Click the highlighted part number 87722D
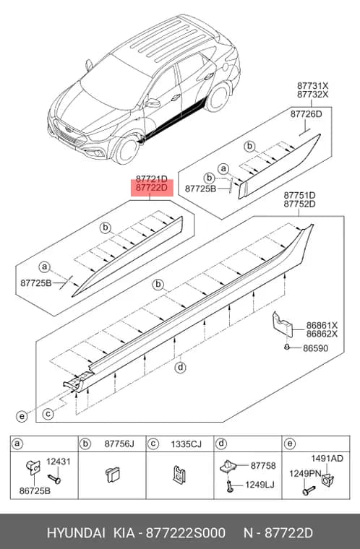[x=151, y=189]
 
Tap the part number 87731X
[x=313, y=86]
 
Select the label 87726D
[x=306, y=114]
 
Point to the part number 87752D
[x=299, y=204]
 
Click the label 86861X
[x=322, y=325]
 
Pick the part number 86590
[x=315, y=348]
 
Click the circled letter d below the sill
[x=180, y=368]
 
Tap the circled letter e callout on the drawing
[x=22, y=416]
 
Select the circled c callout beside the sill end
[x=48, y=414]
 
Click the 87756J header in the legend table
[x=119, y=444]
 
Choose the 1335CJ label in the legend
[x=186, y=444]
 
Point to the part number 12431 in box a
[x=59, y=462]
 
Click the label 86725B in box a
[x=35, y=491]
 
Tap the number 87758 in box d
[x=263, y=466]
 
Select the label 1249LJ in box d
[x=260, y=485]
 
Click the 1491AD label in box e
[x=327, y=458]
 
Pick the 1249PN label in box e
[x=305, y=473]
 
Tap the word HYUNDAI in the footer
[x=76, y=533]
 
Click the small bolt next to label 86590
[x=287, y=347]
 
